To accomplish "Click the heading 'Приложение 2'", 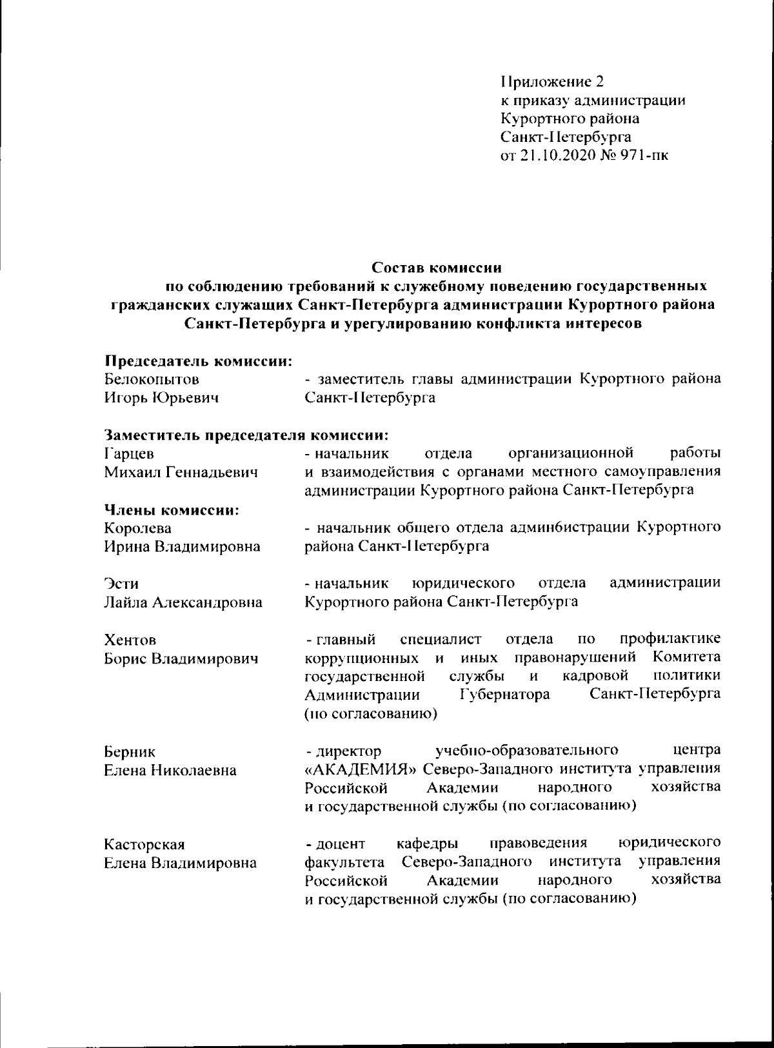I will (552, 82).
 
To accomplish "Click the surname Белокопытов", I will (152, 380).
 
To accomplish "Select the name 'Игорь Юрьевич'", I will (161, 398).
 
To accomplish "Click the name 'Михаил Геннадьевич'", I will (181, 472).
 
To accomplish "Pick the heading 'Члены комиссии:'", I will (172, 509).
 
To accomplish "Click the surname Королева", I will (138, 528).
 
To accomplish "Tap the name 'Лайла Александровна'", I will (183, 603).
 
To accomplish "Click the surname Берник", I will (130, 752).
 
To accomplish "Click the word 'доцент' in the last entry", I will (341, 844).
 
